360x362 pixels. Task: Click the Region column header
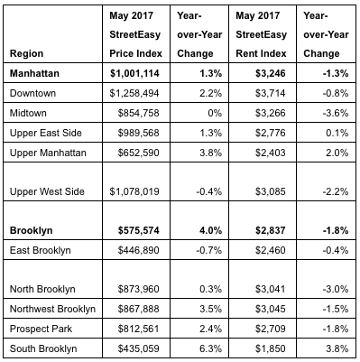tap(26, 53)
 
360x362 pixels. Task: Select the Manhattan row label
tap(34, 73)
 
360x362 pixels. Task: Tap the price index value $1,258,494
tap(134, 93)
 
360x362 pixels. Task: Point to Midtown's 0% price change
tap(215, 113)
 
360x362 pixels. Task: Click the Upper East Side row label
tap(46, 133)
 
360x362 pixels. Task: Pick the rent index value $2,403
tap(270, 153)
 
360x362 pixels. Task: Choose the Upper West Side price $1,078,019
tap(134, 191)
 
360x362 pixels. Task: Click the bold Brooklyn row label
tap(32, 230)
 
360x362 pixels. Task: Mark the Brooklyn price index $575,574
tap(138, 230)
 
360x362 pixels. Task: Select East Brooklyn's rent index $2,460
tap(270, 250)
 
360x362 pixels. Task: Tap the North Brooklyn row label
tap(42, 289)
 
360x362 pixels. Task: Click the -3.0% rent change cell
tap(336, 289)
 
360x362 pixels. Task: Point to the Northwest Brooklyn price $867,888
tap(138, 309)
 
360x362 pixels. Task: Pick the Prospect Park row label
tap(41, 329)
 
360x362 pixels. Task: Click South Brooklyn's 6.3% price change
tap(210, 348)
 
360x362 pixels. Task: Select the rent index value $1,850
tap(270, 348)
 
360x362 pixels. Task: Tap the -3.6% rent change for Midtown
tap(336, 113)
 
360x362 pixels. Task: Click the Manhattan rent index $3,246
tap(270, 73)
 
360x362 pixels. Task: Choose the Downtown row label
tap(32, 93)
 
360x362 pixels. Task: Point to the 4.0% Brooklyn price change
tap(210, 230)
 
